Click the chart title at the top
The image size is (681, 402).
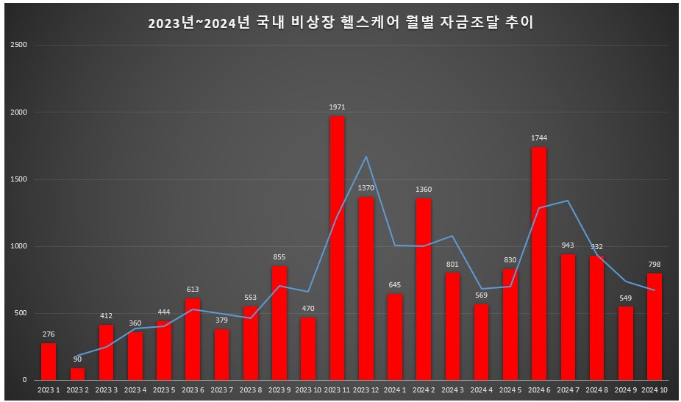coord(340,23)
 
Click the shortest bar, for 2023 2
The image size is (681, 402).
coord(77,374)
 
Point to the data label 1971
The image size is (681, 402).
coord(337,107)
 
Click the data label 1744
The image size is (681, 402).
coord(538,138)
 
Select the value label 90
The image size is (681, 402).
coord(77,359)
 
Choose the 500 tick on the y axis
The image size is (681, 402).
coord(21,313)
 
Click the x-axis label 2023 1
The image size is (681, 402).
coord(49,390)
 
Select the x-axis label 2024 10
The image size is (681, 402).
coord(655,390)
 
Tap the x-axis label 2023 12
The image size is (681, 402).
coord(366,390)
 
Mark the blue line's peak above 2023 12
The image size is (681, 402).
coord(366,157)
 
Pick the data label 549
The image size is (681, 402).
coord(625,298)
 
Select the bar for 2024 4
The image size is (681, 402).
coord(481,342)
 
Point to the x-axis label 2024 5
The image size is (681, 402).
coord(510,390)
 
